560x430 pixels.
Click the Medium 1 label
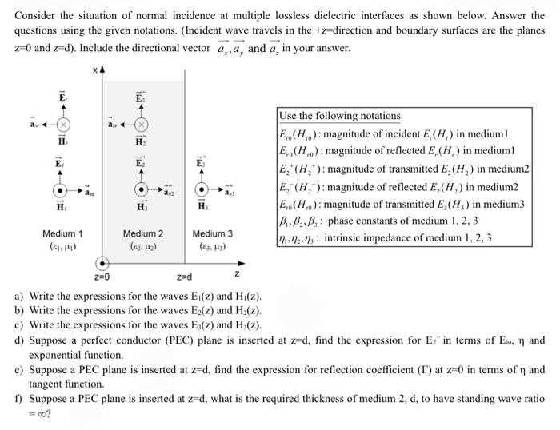point(62,233)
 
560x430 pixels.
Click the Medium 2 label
point(143,233)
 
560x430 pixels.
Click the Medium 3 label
point(212,233)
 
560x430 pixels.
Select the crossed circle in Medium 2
point(142,125)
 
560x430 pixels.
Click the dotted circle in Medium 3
point(202,191)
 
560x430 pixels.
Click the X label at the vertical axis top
point(95,71)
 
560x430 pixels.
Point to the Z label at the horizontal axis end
point(235,274)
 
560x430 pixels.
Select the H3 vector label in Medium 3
point(202,206)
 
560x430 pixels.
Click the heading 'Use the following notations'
point(340,116)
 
